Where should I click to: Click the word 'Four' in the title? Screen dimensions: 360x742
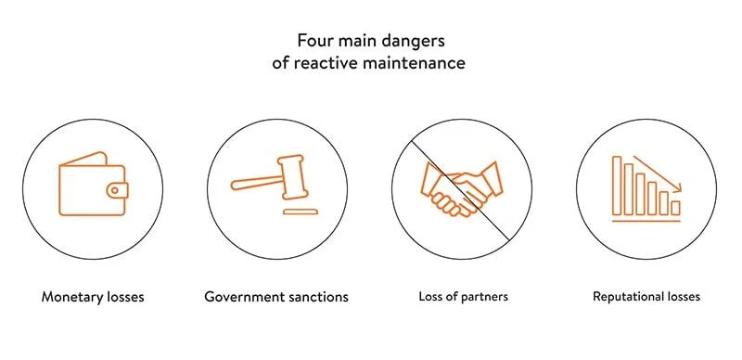point(313,42)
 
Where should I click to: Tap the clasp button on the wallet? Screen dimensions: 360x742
point(115,189)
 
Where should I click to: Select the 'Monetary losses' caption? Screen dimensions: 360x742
point(93,298)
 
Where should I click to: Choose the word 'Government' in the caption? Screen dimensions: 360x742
point(243,298)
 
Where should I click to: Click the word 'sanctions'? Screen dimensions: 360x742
point(317,298)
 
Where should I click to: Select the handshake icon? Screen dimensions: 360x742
point(461,187)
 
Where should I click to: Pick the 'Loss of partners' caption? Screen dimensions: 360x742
point(463,298)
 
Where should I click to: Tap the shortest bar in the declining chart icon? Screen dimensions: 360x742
point(675,207)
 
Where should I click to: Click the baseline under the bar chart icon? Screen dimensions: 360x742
point(646,221)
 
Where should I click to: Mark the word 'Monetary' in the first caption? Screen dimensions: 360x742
point(70,298)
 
